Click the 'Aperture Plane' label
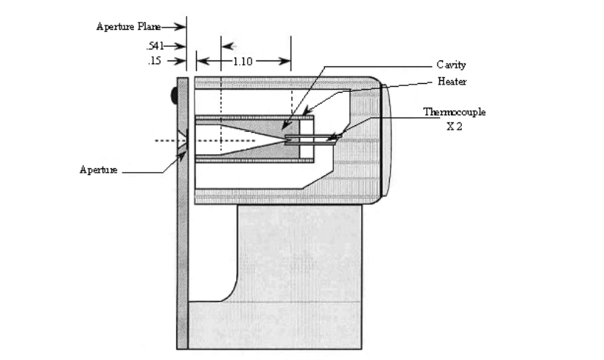[x=128, y=26]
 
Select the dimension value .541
[x=155, y=46]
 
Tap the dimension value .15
[x=154, y=61]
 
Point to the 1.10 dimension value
[x=243, y=61]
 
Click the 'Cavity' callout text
[x=451, y=65]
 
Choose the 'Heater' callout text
[x=452, y=82]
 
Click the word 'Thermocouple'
[x=455, y=112]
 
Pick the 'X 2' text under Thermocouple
[x=455, y=126]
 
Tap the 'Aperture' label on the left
[x=98, y=170]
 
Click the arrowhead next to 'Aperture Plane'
[x=180, y=26]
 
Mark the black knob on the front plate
[x=174, y=95]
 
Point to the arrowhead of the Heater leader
[x=307, y=111]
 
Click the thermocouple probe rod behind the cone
[x=312, y=140]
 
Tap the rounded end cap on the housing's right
[x=386, y=141]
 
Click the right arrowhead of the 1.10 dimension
[x=285, y=61]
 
